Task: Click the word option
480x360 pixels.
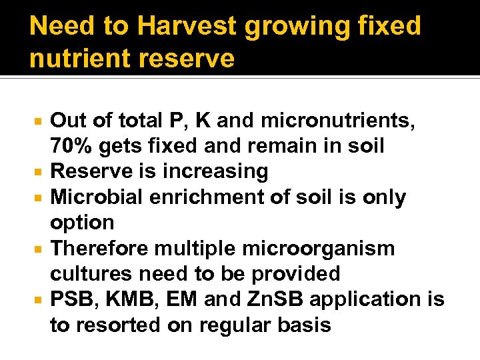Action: coord(83,223)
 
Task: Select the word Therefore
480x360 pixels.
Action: coord(99,249)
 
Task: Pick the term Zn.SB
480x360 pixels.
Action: coord(268,299)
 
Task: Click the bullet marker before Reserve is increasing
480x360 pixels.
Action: coord(39,172)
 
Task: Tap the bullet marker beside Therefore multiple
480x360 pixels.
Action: coord(39,249)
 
